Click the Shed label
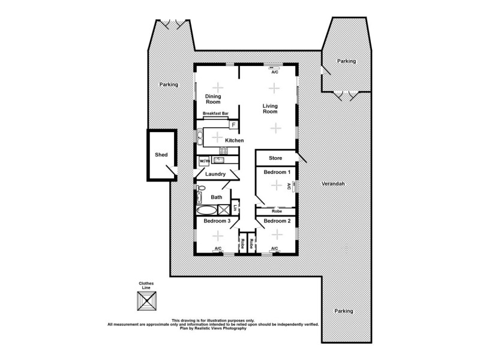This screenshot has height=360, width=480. (161, 155)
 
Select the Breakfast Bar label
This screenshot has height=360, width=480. (215, 113)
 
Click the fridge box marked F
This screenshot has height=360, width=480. (233, 125)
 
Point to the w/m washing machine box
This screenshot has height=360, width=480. (204, 161)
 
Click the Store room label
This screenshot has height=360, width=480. (275, 158)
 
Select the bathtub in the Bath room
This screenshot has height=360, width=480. (207, 211)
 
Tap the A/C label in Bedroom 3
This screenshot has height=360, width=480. (218, 248)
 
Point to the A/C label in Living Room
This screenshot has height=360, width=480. (275, 71)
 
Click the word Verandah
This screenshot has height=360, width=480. (332, 183)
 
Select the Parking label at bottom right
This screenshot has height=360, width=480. (344, 311)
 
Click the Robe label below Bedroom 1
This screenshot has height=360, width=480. (277, 211)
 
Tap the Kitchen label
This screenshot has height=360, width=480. (234, 140)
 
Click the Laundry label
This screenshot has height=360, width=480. (215, 175)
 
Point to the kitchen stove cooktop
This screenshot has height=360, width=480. (223, 151)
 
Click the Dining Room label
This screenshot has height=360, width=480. (214, 99)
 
